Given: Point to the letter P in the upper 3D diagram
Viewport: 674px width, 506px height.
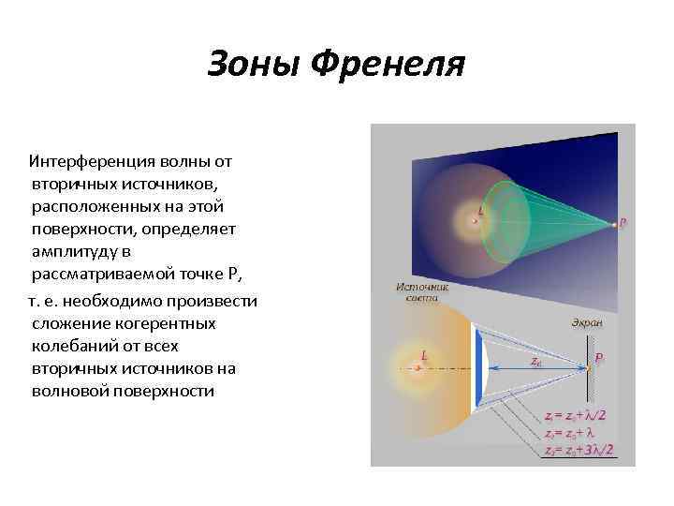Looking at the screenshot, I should click(623, 223).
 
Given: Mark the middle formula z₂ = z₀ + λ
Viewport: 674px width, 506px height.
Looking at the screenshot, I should click(573, 433).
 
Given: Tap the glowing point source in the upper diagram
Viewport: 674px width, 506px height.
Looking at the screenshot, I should click(471, 222).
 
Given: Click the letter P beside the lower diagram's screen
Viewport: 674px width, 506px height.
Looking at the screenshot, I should click(599, 359).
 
